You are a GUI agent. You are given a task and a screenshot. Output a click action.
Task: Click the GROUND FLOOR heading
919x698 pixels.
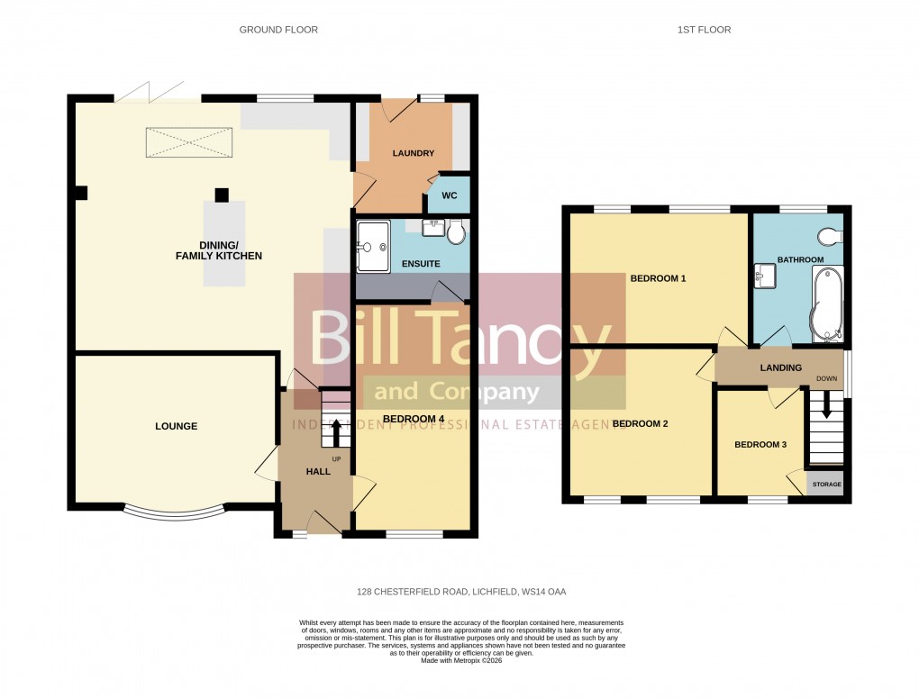(x=278, y=30)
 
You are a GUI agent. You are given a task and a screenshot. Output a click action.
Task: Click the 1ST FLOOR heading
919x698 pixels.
(x=704, y=30)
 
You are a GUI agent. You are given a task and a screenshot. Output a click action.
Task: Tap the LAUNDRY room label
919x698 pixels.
(x=413, y=153)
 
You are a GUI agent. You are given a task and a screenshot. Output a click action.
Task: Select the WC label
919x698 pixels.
(x=447, y=195)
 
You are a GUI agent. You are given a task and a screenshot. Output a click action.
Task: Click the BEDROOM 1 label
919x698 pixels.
(x=658, y=278)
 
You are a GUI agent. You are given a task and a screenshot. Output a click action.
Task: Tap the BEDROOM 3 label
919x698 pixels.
(x=760, y=444)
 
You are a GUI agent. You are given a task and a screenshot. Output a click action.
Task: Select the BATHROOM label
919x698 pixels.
(x=801, y=259)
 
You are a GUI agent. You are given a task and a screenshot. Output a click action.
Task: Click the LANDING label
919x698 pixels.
(x=780, y=367)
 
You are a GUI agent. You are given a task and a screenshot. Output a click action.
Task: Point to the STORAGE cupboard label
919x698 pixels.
(x=826, y=485)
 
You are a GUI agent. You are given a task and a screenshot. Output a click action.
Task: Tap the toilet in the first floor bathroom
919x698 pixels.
(x=829, y=237)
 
